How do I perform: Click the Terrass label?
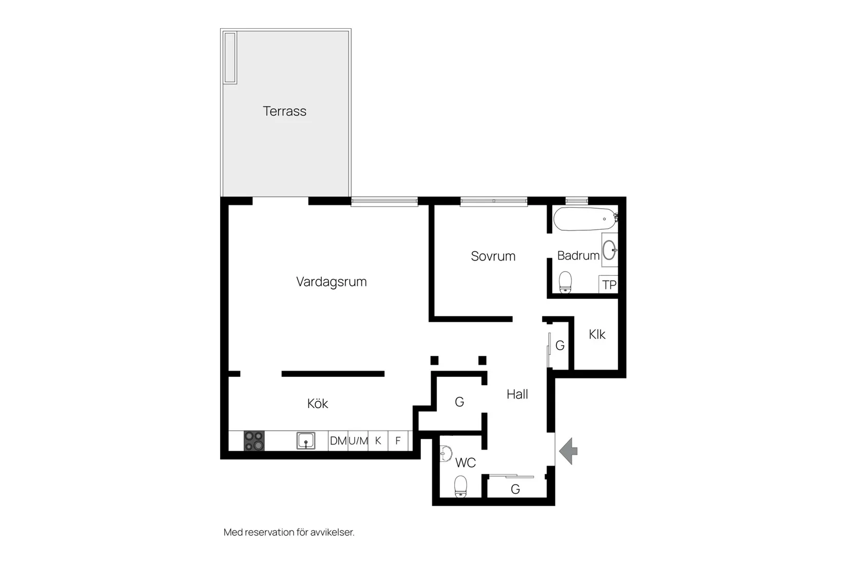click(x=284, y=111)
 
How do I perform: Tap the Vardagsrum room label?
click(x=331, y=281)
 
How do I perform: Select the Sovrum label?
click(x=493, y=256)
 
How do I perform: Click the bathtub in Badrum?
click(x=584, y=219)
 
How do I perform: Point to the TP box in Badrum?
click(x=609, y=285)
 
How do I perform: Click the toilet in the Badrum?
click(x=565, y=282)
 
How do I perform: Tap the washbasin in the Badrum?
click(x=609, y=250)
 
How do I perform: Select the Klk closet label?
click(x=597, y=334)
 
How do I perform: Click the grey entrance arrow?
click(x=568, y=451)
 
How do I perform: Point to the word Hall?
click(x=517, y=394)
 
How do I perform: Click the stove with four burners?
click(x=254, y=441)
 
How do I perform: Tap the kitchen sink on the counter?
click(x=306, y=441)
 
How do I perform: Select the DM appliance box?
click(x=338, y=441)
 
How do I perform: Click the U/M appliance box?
click(x=358, y=441)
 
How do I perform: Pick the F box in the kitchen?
click(x=398, y=441)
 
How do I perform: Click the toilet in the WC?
click(x=460, y=486)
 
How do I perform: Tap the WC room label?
click(x=465, y=463)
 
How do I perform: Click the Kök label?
click(x=317, y=404)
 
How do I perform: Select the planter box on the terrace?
click(x=230, y=57)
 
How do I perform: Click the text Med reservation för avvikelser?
click(x=289, y=532)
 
